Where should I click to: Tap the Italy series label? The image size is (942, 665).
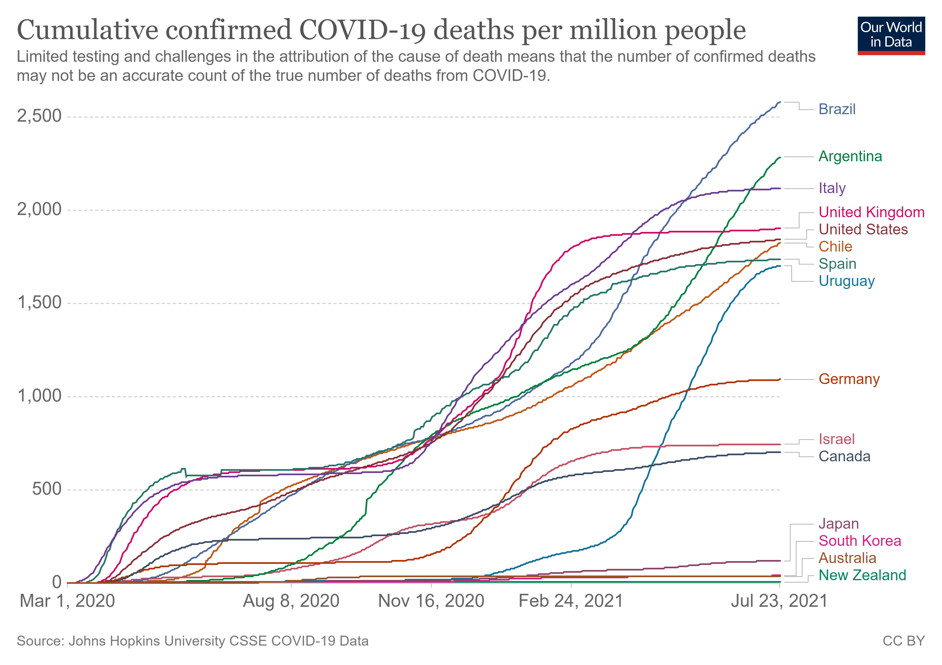click(x=832, y=188)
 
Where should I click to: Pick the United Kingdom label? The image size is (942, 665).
click(x=871, y=213)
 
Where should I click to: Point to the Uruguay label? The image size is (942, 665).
click(x=846, y=281)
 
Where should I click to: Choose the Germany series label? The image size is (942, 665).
click(x=849, y=379)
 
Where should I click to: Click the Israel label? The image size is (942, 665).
click(x=836, y=439)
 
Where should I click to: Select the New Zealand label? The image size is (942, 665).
click(x=862, y=575)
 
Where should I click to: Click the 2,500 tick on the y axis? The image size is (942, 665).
click(x=39, y=116)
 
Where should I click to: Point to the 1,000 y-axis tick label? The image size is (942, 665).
click(x=39, y=396)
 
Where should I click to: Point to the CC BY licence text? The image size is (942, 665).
click(x=903, y=641)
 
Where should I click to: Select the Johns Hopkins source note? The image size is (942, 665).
click(x=193, y=641)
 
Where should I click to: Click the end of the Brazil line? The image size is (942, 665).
click(x=780, y=102)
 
